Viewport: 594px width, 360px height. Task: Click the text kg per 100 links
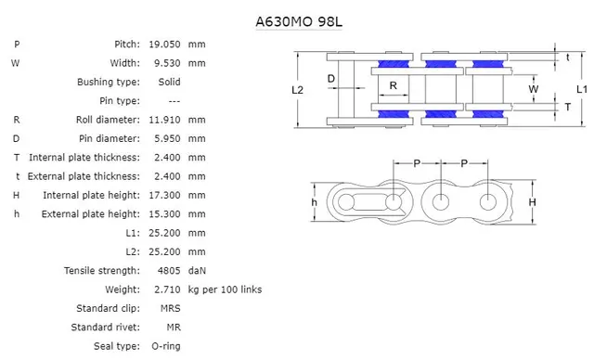click(225, 289)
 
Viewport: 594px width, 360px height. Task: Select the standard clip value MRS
click(170, 308)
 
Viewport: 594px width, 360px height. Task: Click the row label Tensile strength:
click(102, 271)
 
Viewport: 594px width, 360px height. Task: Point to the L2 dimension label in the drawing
click(297, 90)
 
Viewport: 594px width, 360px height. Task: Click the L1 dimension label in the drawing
click(580, 89)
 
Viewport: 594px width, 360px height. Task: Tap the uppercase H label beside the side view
click(532, 202)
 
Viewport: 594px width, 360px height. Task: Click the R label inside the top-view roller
click(394, 85)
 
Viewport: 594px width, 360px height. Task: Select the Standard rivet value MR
click(173, 328)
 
